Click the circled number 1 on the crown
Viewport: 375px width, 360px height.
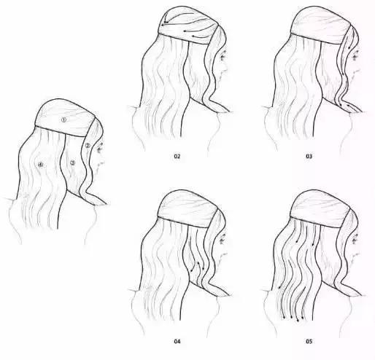pos(63,120)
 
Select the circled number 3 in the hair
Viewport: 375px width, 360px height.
pos(71,163)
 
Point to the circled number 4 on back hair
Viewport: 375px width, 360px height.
pos(41,165)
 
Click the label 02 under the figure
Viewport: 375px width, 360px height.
pos(177,156)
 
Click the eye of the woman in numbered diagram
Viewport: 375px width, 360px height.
pos(98,145)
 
